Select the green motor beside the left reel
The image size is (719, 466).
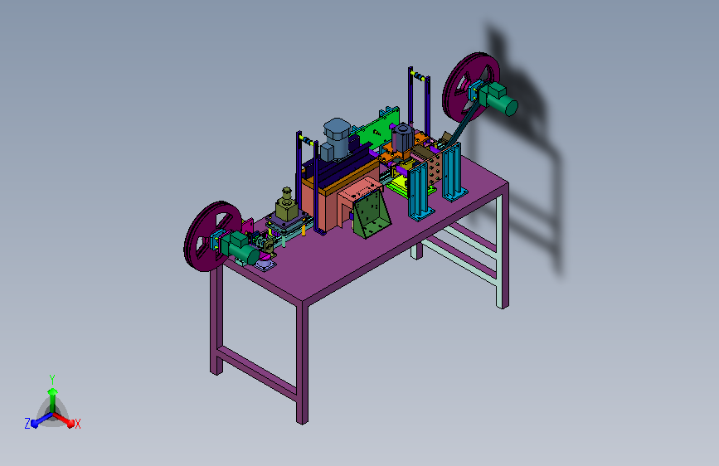tap(240, 248)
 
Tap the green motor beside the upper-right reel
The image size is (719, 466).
tap(500, 99)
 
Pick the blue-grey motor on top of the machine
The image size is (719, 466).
tap(336, 139)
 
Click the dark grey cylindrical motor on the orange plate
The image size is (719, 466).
tap(402, 137)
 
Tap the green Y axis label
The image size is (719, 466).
tap(52, 380)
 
